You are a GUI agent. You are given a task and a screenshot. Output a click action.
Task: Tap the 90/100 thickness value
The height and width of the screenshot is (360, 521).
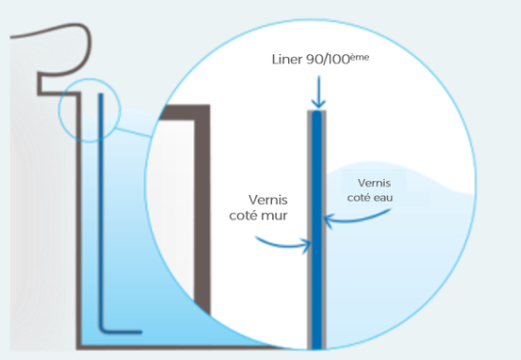(x=328, y=60)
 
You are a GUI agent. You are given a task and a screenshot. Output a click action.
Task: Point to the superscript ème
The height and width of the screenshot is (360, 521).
(x=360, y=57)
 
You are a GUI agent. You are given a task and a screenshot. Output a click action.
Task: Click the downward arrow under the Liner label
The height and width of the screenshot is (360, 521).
(x=319, y=92)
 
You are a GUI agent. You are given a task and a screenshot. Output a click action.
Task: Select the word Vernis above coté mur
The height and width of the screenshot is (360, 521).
(x=267, y=201)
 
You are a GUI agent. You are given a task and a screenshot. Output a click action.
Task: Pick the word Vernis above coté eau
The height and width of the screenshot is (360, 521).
(x=374, y=183)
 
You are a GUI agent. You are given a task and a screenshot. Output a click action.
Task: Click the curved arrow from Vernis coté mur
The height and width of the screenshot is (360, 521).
(x=282, y=245)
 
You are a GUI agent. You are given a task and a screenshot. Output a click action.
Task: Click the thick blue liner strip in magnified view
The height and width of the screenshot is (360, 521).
(x=317, y=230)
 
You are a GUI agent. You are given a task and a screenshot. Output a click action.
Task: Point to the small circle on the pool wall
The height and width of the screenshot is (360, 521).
(x=89, y=79)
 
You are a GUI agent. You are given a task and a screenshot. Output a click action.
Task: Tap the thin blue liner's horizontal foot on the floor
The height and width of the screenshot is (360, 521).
(x=121, y=331)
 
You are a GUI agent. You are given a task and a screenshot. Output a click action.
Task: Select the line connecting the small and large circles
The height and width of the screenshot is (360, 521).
(x=133, y=132)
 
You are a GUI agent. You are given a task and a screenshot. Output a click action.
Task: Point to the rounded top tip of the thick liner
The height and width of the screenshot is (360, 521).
(x=317, y=112)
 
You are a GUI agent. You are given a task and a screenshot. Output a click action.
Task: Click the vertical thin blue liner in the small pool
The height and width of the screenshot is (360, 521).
(x=101, y=210)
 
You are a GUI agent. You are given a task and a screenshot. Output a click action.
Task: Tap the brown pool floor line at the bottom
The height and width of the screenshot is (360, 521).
(x=176, y=347)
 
